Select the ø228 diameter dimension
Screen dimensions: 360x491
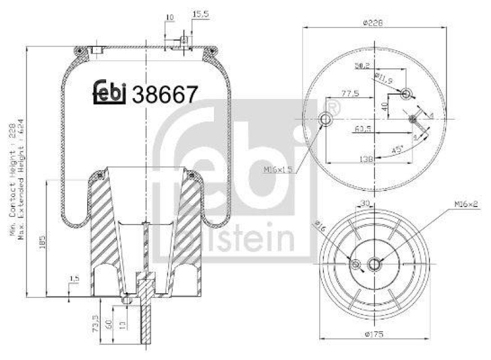click(373, 23)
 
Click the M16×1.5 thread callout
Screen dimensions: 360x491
click(278, 170)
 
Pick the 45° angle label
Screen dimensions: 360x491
click(397, 150)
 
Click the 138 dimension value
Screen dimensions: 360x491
click(366, 158)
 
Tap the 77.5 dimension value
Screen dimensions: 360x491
click(350, 95)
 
